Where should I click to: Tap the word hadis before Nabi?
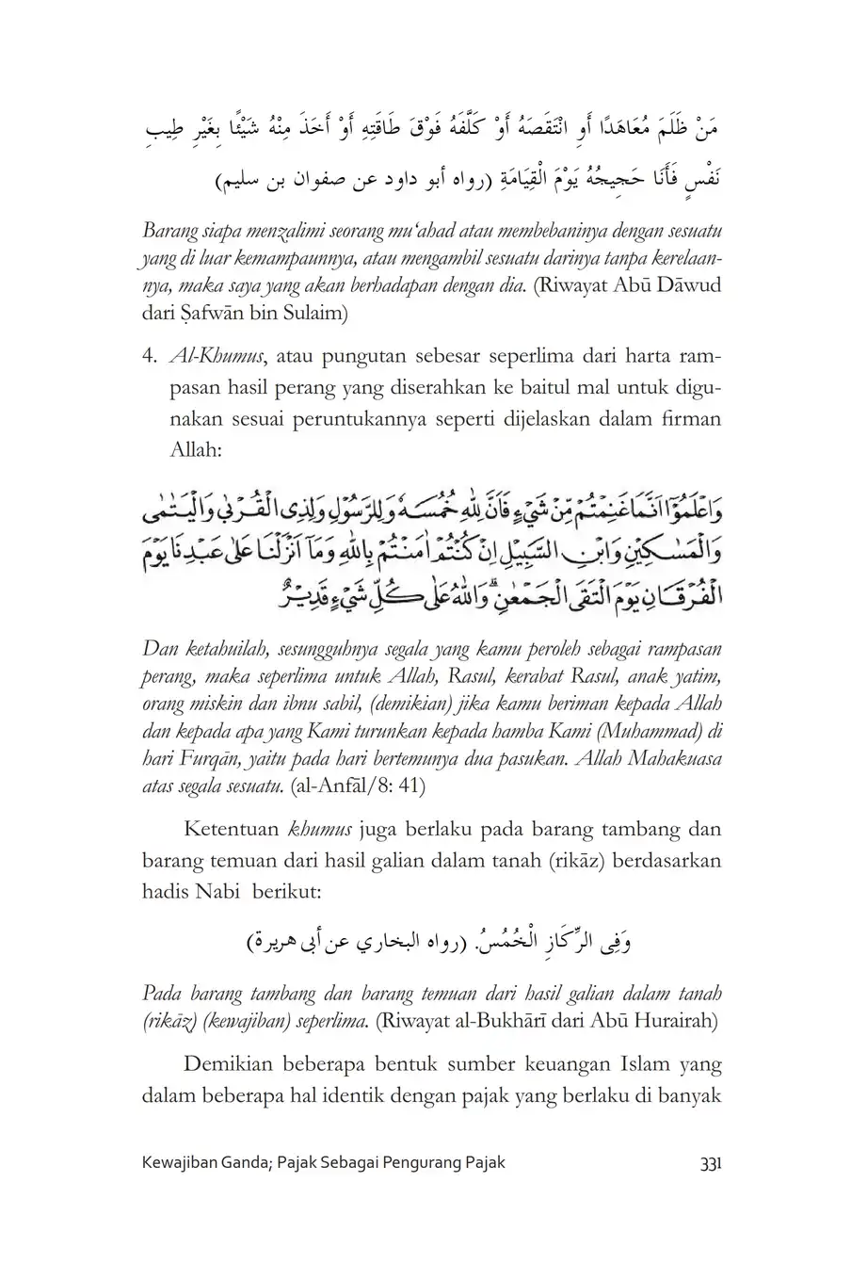pos(168,890)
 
